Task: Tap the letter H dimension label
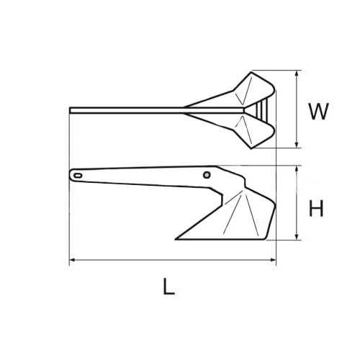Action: pyautogui.click(x=316, y=209)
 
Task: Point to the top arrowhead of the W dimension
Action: pyautogui.click(x=297, y=73)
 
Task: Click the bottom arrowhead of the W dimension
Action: pyautogui.click(x=297, y=145)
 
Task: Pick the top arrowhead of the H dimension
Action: pyautogui.click(x=297, y=168)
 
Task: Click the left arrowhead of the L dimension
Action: pyautogui.click(x=72, y=260)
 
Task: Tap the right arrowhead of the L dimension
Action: pyautogui.click(x=273, y=260)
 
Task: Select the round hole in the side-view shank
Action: pyautogui.click(x=207, y=174)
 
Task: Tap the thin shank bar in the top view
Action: pyautogui.click(x=130, y=109)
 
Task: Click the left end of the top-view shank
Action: pyautogui.click(x=71, y=109)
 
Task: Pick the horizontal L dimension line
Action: pyautogui.click(x=173, y=260)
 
